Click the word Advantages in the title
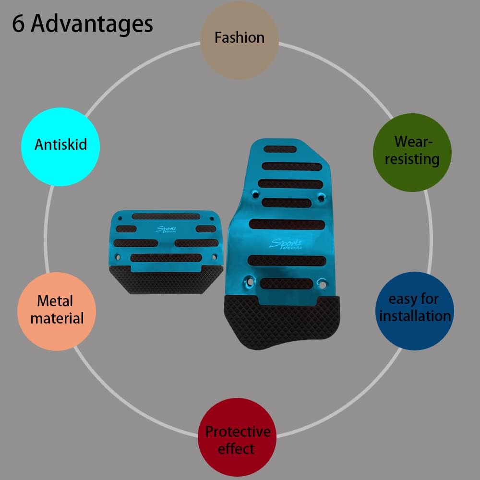[x=92, y=24]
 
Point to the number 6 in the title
[x=18, y=24]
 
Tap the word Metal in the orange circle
[x=55, y=301]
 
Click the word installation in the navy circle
[x=415, y=316]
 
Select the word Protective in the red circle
[x=238, y=432]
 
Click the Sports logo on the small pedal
[x=167, y=230]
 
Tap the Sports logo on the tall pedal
[x=282, y=244]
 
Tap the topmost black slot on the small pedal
[x=166, y=216]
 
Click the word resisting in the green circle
[x=412, y=159]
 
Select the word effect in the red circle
[x=236, y=449]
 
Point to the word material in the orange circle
[x=57, y=318]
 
